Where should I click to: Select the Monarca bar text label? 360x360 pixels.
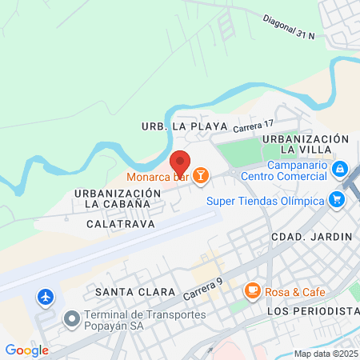(x=156, y=176)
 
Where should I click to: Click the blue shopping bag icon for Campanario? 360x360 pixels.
(x=339, y=169)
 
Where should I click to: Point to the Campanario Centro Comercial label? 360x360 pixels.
(x=283, y=170)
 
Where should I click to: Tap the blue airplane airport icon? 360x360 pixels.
(x=46, y=298)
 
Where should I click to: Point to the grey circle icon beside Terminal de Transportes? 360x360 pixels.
(x=72, y=320)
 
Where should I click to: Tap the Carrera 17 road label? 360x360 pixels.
(x=254, y=125)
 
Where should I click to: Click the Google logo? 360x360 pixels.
(x=26, y=350)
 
